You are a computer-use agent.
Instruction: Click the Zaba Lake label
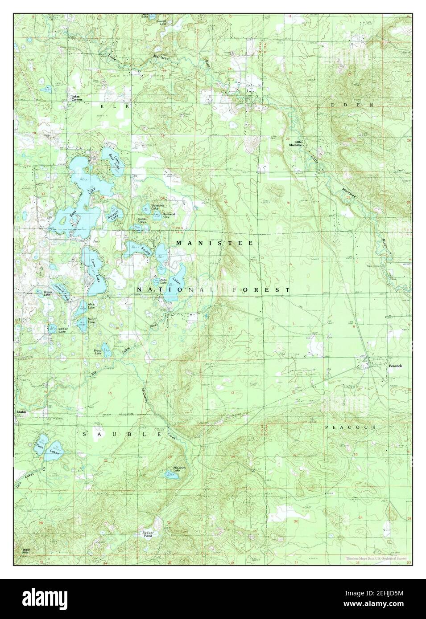click(163, 281)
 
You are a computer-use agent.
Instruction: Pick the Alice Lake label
click(91, 306)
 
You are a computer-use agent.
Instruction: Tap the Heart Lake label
click(91, 321)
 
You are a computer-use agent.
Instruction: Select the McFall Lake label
click(62, 331)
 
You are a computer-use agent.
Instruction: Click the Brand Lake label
click(97, 352)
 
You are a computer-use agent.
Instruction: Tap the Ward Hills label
click(27, 552)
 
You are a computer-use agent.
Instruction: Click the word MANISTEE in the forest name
click(214, 243)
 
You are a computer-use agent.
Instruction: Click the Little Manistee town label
click(295, 143)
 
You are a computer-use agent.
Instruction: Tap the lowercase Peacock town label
click(395, 366)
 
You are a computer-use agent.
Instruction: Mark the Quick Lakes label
click(142, 220)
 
